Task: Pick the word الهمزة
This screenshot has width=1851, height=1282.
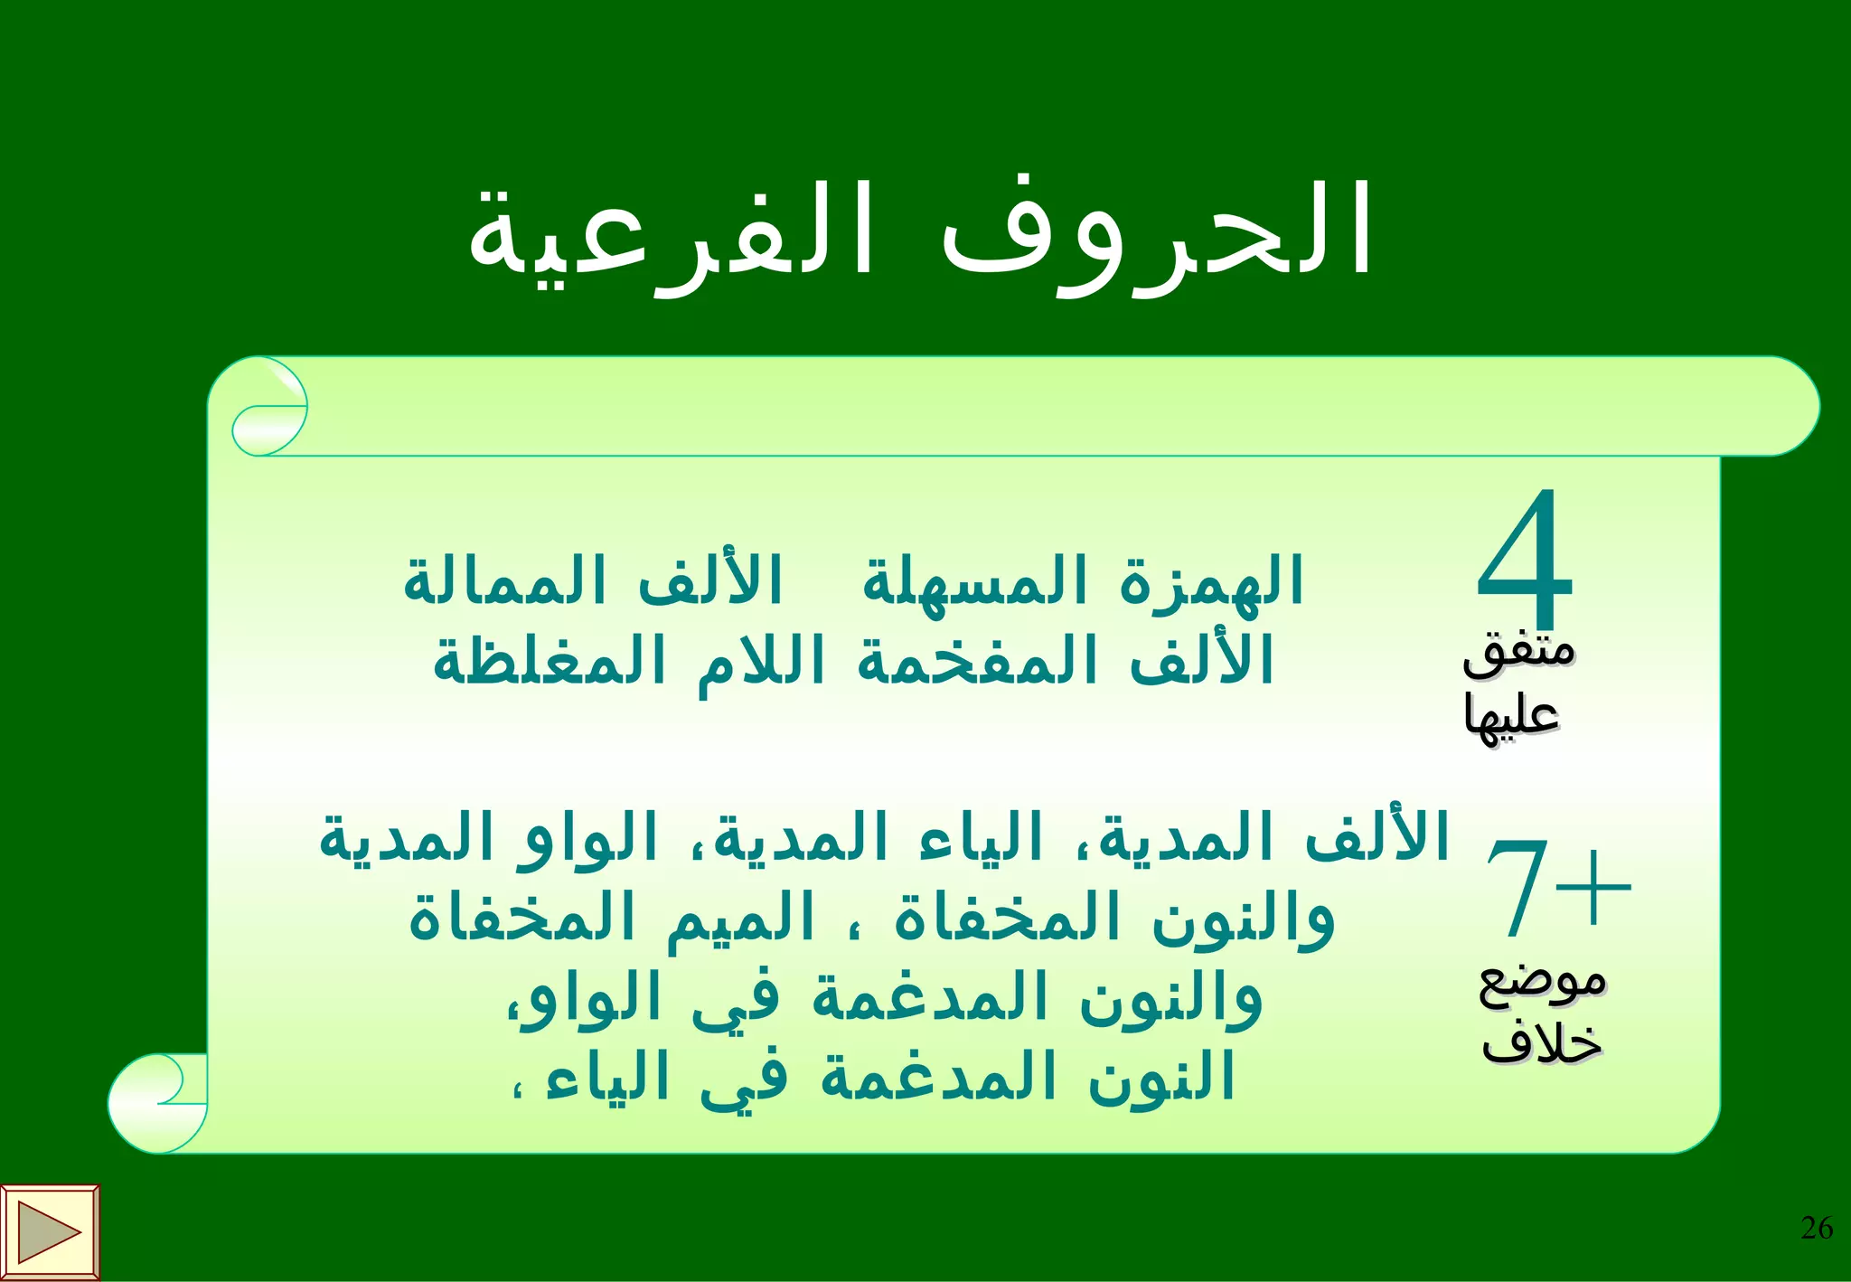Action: (x=1211, y=581)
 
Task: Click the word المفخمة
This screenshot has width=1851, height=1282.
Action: (x=977, y=661)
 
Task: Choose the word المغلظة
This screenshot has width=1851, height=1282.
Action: (x=550, y=661)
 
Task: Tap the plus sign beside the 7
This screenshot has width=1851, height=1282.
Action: (x=1594, y=886)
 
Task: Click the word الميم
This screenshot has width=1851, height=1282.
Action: (x=741, y=919)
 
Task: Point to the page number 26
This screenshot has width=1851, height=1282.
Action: (x=1817, y=1228)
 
